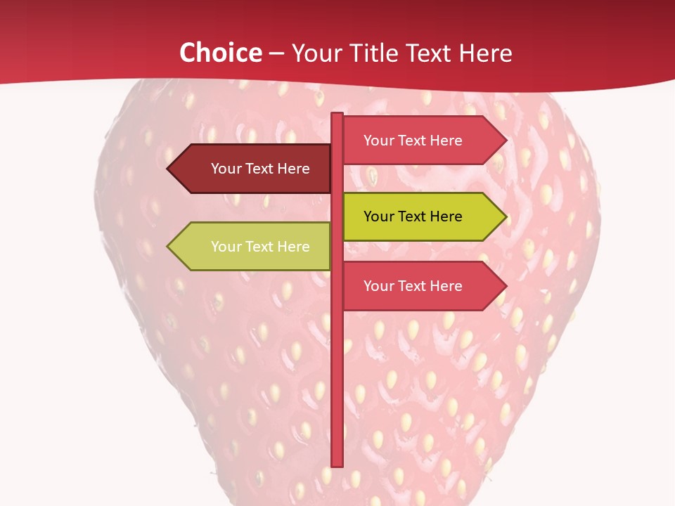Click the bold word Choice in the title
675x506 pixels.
pos(220,53)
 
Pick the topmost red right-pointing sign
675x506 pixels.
pos(418,141)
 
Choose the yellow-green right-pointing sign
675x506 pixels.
pos(418,216)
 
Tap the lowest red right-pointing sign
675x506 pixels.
pos(418,286)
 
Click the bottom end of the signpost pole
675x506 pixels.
pos(337,464)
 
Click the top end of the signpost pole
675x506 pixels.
pos(337,115)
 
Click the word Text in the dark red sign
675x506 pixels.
pos(259,169)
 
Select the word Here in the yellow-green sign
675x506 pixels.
pos(446,216)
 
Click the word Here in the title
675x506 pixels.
pos(485,53)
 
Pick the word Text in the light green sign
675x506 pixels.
pos(259,247)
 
